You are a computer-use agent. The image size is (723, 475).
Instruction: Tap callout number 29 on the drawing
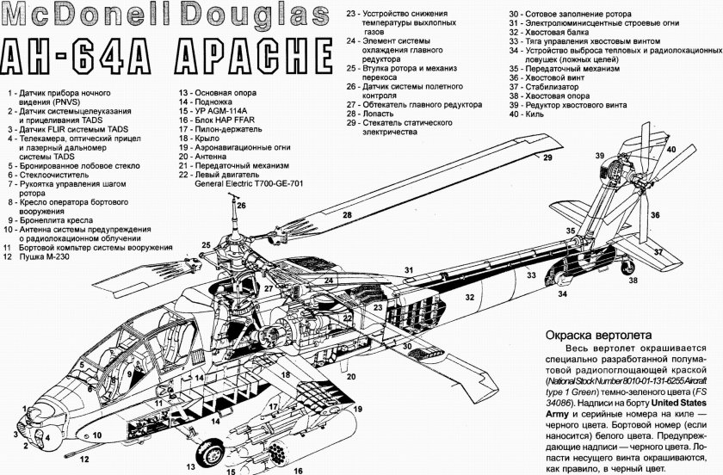546,157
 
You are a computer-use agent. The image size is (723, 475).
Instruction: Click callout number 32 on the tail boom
470,296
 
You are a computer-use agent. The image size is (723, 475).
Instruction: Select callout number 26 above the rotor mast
242,205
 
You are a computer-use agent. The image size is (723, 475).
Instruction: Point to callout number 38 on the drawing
633,280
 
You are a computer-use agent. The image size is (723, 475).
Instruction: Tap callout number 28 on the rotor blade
349,214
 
